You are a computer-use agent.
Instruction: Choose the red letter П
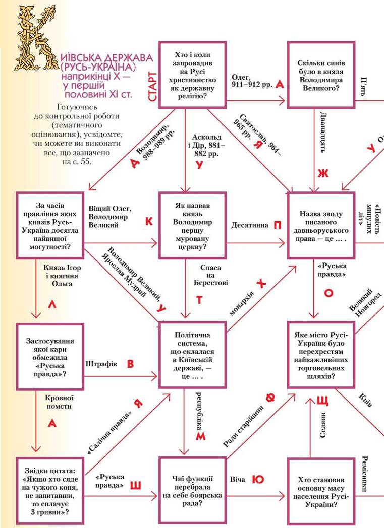277,225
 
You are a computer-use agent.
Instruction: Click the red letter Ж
322,173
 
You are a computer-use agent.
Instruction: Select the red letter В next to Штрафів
130,364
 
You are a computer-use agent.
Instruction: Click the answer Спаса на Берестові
210,276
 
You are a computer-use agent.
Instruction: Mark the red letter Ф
270,399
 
